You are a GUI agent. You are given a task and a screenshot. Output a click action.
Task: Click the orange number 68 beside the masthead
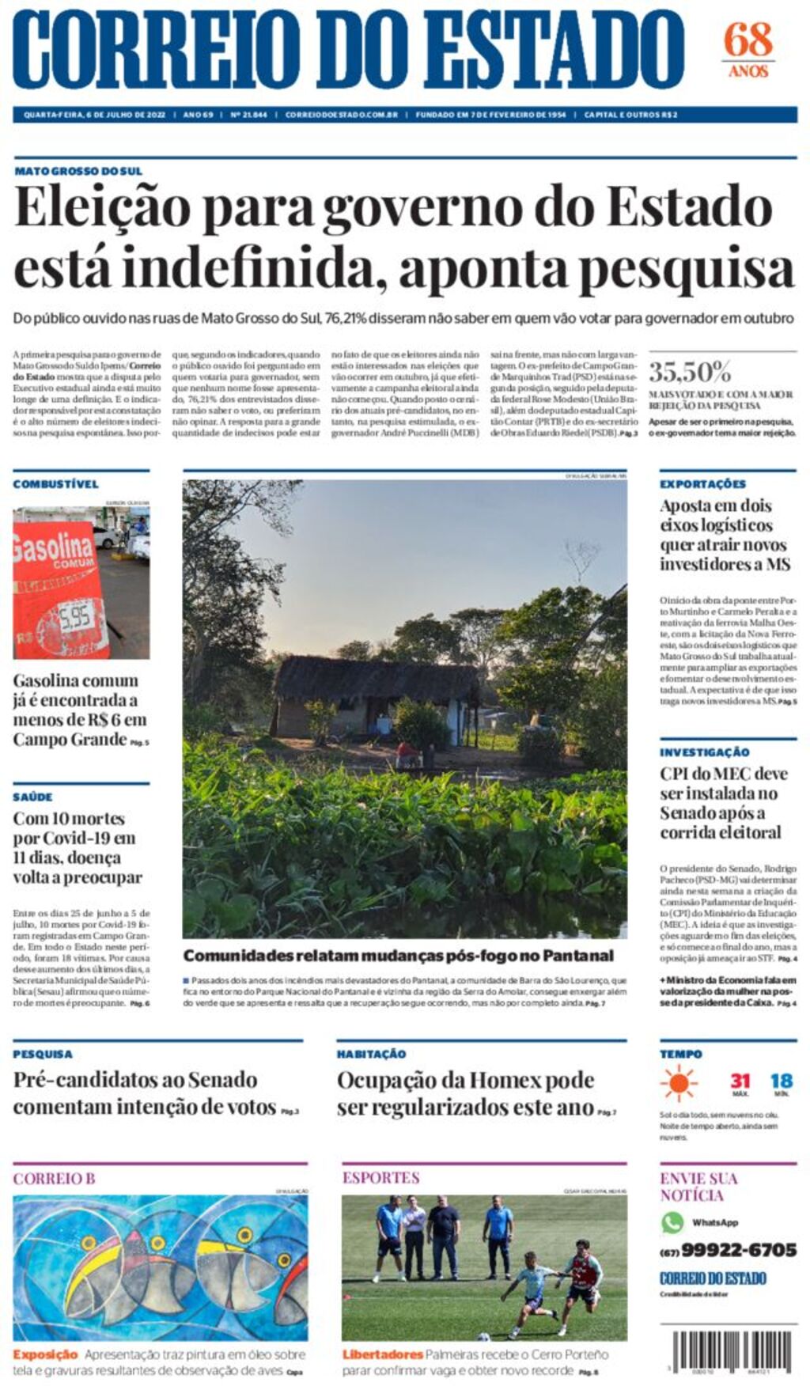[748, 39]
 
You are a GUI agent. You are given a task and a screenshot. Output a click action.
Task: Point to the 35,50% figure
[690, 372]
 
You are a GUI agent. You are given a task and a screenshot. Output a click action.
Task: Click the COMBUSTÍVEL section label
[55, 484]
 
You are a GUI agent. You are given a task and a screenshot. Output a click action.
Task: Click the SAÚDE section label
[32, 797]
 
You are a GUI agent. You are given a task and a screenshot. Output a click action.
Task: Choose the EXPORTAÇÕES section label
[702, 484]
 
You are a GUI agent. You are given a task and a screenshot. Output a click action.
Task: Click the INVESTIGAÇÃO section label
[704, 752]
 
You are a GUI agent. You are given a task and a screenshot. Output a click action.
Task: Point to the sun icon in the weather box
[679, 1083]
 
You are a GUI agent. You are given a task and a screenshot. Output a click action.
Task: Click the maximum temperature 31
[740, 1081]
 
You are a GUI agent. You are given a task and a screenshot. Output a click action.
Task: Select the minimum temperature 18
[781, 1081]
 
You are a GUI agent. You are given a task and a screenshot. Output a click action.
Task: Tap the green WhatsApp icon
[672, 1222]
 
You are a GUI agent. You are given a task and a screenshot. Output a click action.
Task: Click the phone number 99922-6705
[738, 1250]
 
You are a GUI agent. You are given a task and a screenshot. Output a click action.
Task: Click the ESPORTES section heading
[380, 1178]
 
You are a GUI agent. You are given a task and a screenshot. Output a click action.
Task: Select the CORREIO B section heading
[54, 1179]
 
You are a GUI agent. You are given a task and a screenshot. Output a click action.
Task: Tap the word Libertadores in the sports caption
[382, 1354]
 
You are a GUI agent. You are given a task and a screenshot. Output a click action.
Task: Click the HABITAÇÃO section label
[371, 1055]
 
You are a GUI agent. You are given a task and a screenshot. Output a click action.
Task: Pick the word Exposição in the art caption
[45, 1354]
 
